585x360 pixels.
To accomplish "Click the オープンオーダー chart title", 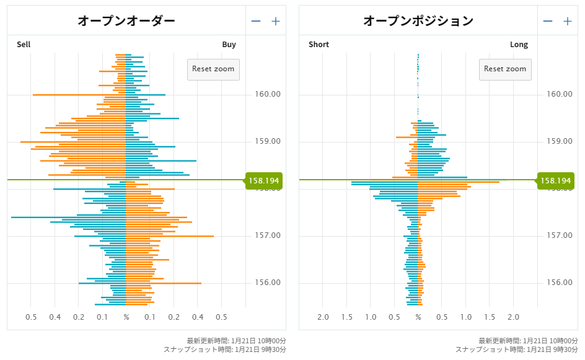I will (x=126, y=20).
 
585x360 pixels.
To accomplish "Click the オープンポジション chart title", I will (x=418, y=20).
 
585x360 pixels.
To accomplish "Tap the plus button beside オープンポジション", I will (x=567, y=21).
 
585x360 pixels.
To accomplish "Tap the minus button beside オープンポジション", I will (x=548, y=21).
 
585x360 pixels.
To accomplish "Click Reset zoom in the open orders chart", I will (x=213, y=69).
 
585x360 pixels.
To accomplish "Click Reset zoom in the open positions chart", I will (x=505, y=69).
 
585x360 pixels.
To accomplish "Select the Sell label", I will (x=24, y=45).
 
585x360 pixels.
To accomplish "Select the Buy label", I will (x=229, y=45).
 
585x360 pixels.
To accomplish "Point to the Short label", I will (x=319, y=45).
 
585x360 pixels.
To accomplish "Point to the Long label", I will (x=519, y=45).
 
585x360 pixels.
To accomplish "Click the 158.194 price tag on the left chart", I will (x=264, y=181).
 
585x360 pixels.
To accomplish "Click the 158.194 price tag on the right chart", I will (x=556, y=181).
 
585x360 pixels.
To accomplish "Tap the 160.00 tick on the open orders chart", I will (x=267, y=94).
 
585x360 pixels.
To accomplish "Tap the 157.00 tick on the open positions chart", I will (x=560, y=235).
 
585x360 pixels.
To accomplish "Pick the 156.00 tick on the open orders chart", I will (x=267, y=283).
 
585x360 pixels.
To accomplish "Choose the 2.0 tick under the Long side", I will (x=513, y=317).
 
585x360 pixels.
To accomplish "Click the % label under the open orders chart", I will (x=126, y=317).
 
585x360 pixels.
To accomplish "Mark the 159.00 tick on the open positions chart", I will (x=560, y=141).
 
